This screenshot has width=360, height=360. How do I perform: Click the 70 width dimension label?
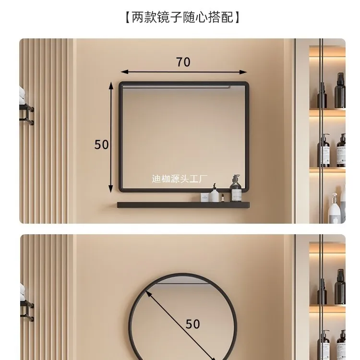(183, 62)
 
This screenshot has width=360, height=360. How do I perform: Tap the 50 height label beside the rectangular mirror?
(102, 144)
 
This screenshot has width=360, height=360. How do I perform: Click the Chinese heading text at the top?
(180, 18)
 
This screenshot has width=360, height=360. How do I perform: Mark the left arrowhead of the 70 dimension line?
(123, 72)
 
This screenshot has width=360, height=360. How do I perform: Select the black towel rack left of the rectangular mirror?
(26, 114)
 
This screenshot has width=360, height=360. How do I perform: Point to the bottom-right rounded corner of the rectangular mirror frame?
(246, 187)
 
